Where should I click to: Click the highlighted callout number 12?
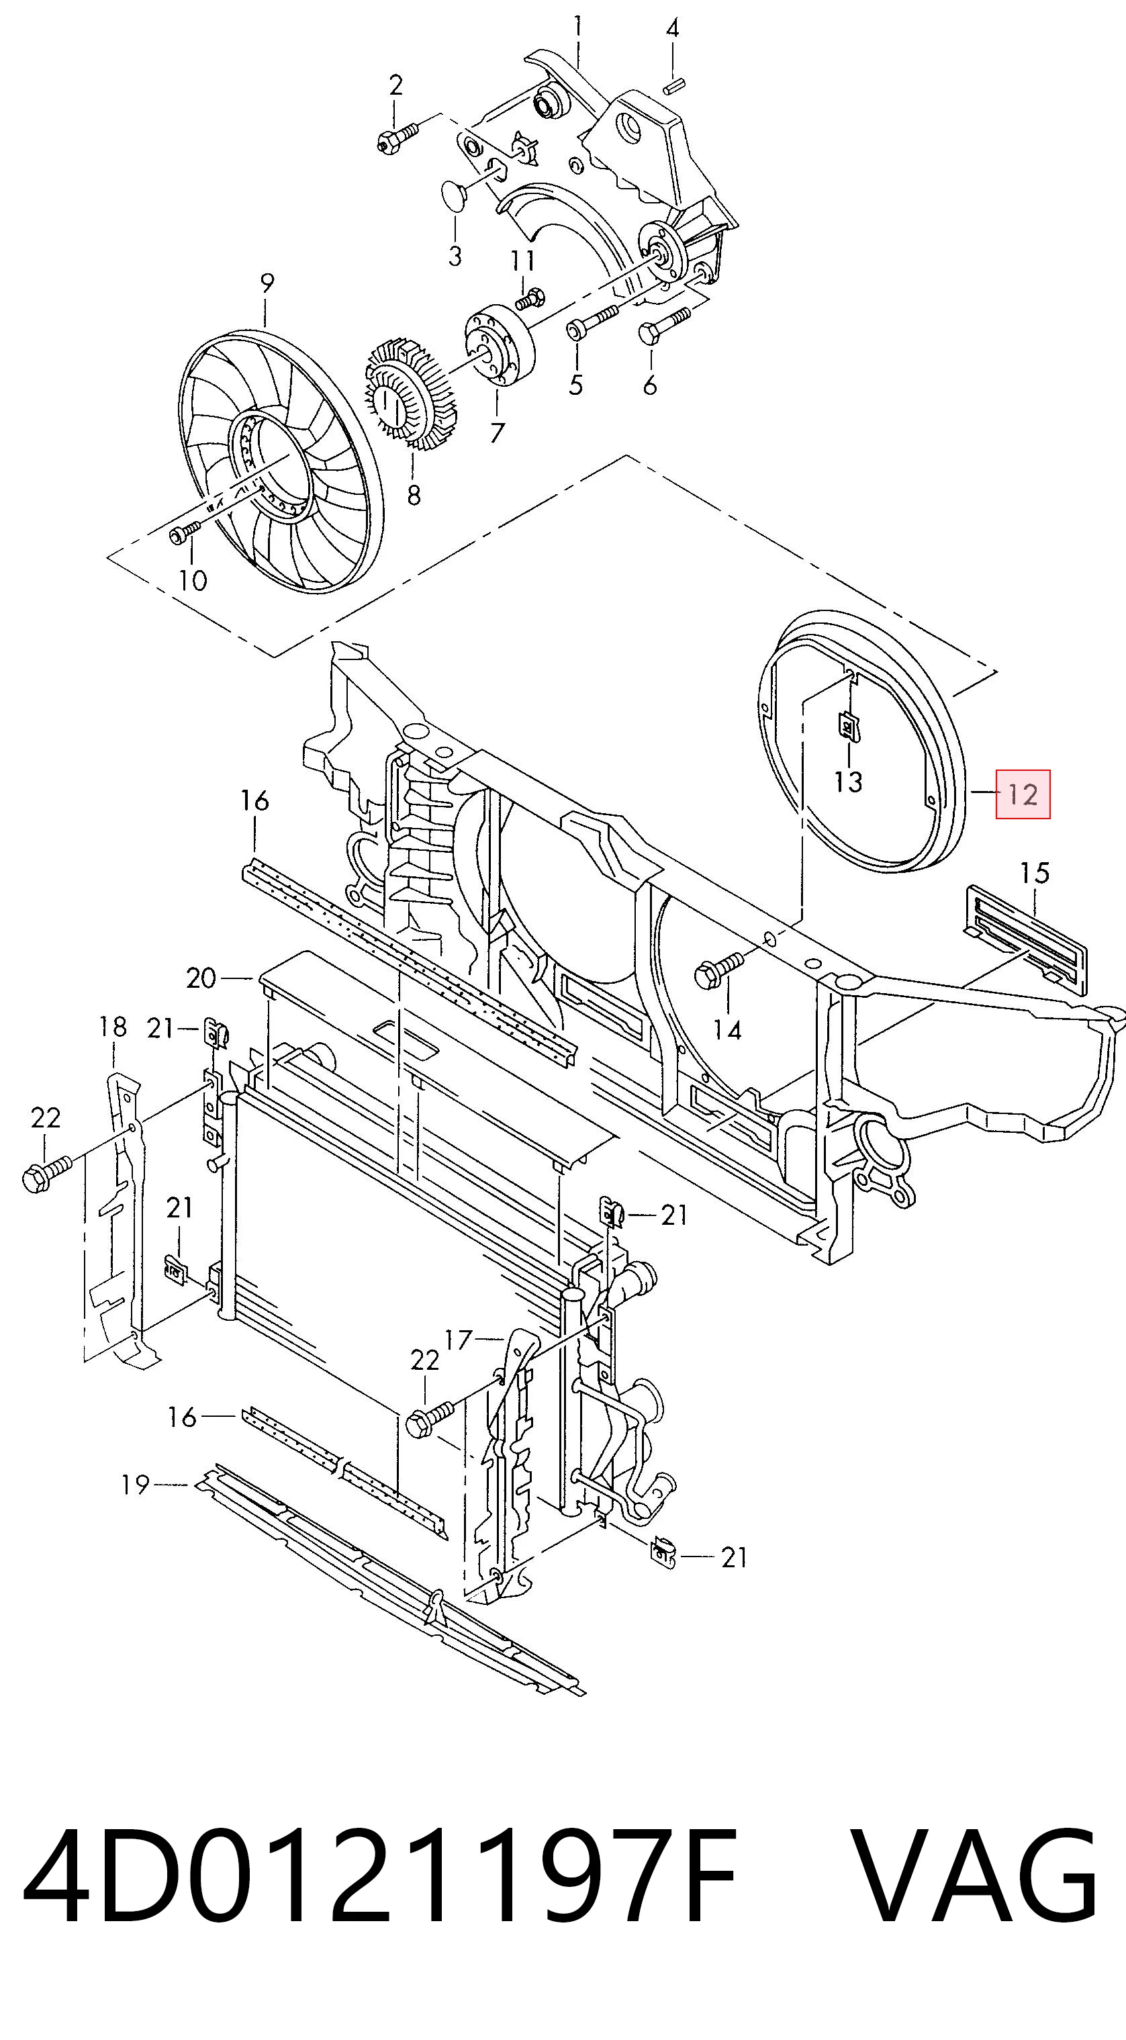coord(1023,794)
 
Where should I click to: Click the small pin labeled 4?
coord(675,85)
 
